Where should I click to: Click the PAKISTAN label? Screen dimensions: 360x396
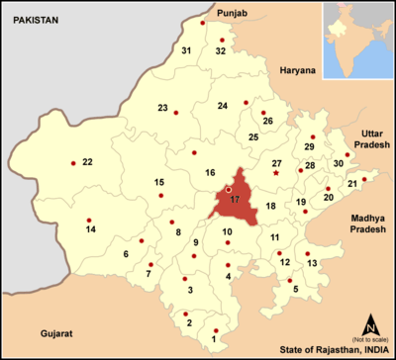pos(31,20)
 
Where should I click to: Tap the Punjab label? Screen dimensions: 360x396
pos(231,13)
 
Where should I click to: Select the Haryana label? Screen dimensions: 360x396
pos(296,71)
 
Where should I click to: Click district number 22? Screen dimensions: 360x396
pos(87,161)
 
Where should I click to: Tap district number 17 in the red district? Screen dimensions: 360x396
pos(235,200)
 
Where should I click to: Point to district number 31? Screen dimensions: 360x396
pos(185,49)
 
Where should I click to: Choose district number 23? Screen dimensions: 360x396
pos(162,107)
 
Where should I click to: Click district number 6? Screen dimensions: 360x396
pos(126,254)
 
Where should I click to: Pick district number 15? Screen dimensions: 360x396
pos(158,182)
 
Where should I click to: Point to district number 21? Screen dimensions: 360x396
pos(352,185)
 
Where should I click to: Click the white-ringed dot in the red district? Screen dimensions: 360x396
pos(228,188)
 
